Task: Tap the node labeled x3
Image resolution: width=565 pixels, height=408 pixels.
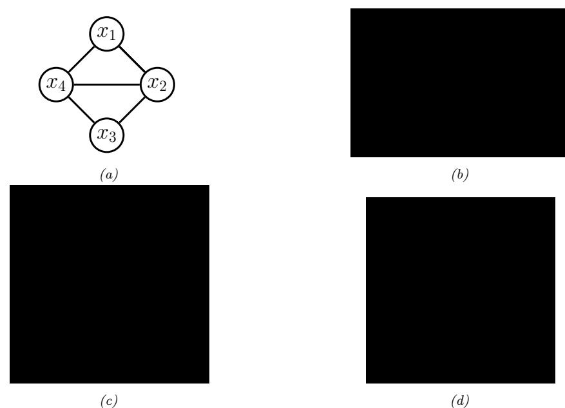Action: click(106, 135)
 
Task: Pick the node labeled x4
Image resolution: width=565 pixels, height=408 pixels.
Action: click(55, 84)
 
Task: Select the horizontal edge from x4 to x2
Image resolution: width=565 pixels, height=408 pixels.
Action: click(106, 84)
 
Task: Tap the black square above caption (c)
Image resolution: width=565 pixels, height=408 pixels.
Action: click(109, 284)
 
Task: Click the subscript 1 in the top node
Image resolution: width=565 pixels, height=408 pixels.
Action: click(112, 35)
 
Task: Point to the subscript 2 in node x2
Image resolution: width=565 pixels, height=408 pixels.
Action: click(164, 87)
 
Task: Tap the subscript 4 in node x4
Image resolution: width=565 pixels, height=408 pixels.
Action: click(61, 87)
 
